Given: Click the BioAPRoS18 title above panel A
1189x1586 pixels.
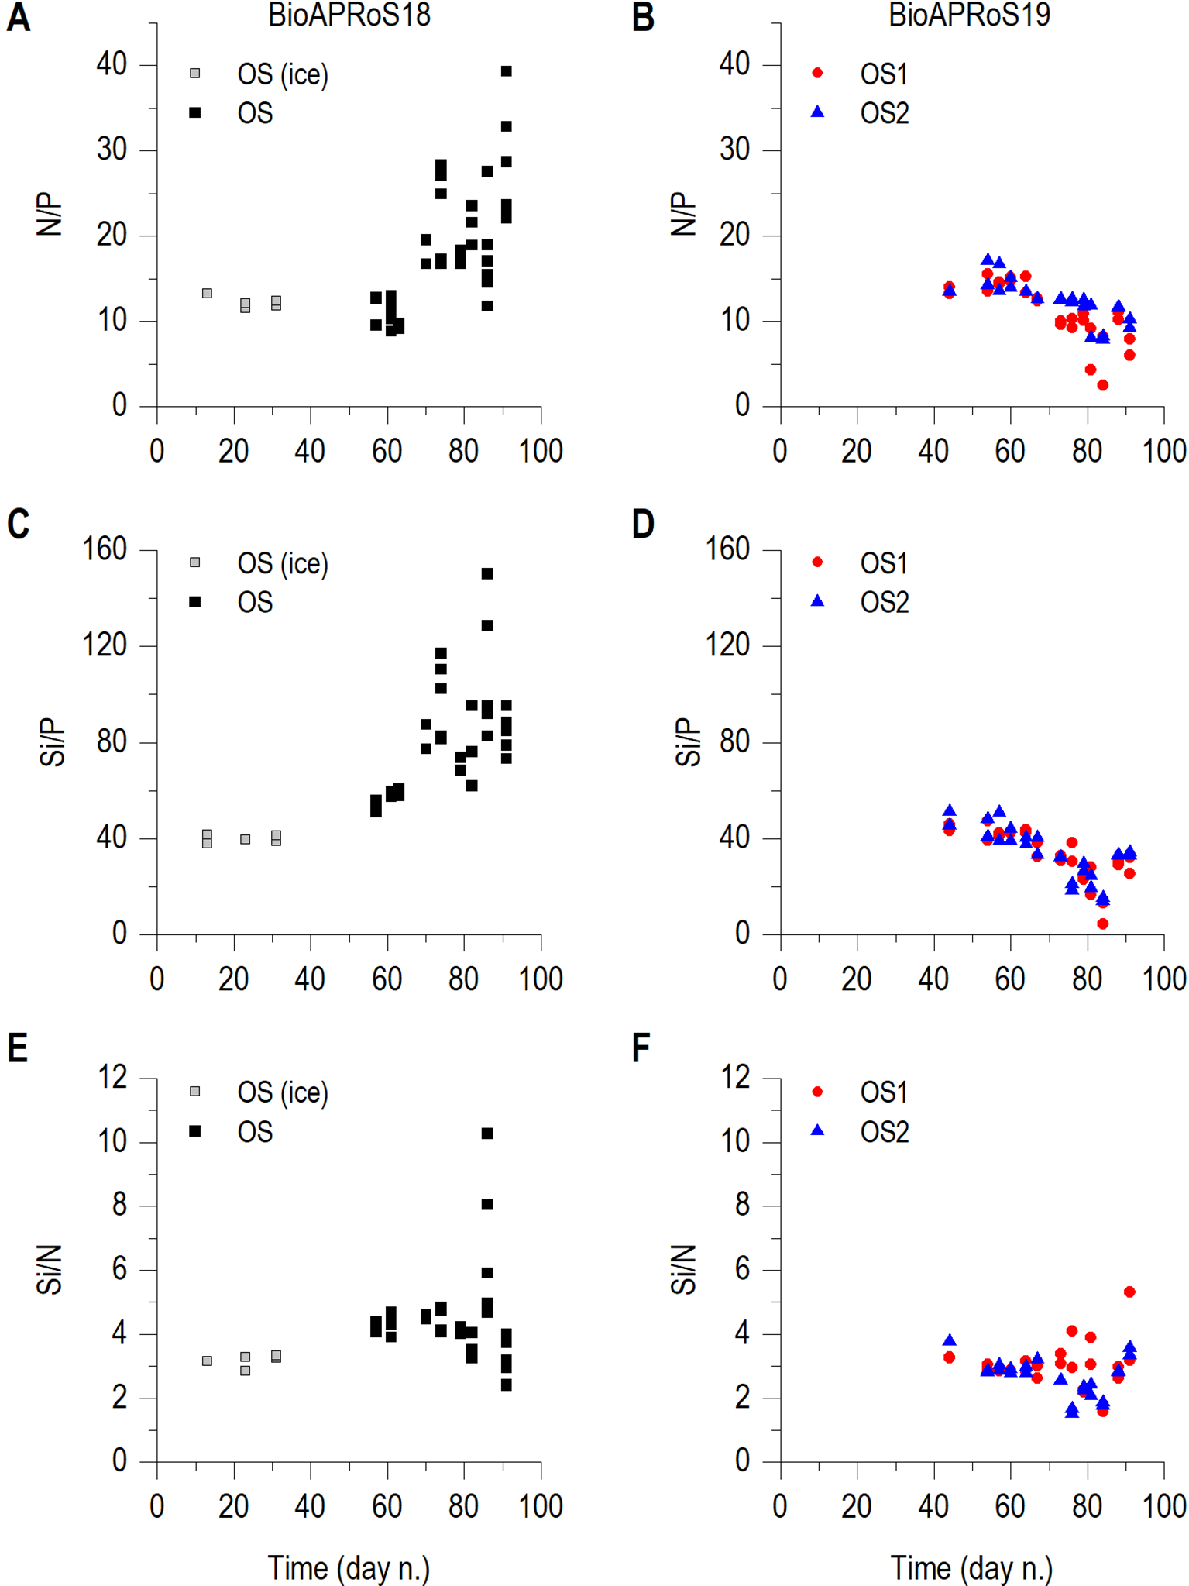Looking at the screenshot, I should point(349,15).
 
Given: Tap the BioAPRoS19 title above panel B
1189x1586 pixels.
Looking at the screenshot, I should point(969,15).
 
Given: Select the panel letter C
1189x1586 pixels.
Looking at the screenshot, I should point(18,525).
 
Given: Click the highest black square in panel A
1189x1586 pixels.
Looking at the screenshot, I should point(507,71).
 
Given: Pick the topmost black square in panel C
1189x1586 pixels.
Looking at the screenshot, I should point(487,574).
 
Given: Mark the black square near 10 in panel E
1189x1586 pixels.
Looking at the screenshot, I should point(487,1134).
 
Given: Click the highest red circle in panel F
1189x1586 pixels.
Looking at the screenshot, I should point(1129,1292).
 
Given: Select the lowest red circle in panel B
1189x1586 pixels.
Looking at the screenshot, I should point(1102,385).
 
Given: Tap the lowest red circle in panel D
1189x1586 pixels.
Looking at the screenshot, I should point(1102,924).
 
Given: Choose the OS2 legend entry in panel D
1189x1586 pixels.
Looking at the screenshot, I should point(884,602).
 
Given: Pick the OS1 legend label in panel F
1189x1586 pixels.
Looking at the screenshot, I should point(884,1092).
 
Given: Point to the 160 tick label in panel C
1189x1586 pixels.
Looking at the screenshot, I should point(105,549).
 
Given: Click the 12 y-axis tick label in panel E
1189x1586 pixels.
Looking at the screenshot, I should point(113,1077).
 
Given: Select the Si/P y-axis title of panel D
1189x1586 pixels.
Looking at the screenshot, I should point(687,741).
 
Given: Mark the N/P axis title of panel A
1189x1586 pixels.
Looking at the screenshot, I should point(50,215).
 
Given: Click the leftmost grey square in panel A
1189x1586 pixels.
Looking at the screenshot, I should point(207,294).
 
